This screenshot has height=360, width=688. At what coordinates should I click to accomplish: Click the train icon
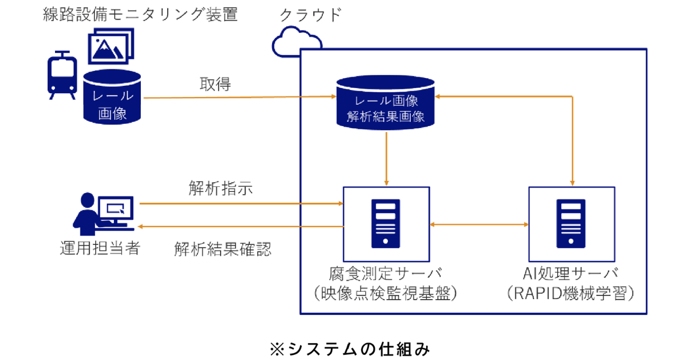click(62, 76)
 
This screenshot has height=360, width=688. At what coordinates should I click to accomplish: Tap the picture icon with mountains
click(111, 46)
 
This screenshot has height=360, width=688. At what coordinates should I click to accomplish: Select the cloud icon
click(296, 41)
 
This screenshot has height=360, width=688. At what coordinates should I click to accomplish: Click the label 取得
click(215, 84)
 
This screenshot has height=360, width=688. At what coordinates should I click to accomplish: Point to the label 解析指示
click(221, 188)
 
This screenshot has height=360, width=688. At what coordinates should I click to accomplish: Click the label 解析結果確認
click(223, 249)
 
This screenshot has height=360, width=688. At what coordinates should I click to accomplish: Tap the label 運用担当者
click(100, 248)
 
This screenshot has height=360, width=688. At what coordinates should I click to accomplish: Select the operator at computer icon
click(104, 214)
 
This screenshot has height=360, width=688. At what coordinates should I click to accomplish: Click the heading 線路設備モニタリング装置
click(140, 14)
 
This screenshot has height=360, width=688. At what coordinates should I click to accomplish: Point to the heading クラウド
click(311, 14)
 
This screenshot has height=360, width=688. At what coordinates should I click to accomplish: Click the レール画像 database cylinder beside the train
click(112, 97)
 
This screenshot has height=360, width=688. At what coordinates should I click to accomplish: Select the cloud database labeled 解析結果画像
click(385, 103)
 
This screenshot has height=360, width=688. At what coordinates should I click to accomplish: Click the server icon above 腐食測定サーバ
click(386, 223)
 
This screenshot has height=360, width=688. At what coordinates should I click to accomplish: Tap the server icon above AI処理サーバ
click(571, 223)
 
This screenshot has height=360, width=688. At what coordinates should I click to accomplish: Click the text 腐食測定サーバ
click(385, 273)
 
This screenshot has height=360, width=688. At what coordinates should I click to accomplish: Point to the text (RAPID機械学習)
click(571, 293)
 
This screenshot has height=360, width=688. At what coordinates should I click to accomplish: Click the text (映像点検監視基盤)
click(385, 293)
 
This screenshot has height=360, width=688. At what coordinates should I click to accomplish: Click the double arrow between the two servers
click(479, 224)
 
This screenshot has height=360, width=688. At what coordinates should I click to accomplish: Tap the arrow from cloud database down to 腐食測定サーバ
click(386, 159)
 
